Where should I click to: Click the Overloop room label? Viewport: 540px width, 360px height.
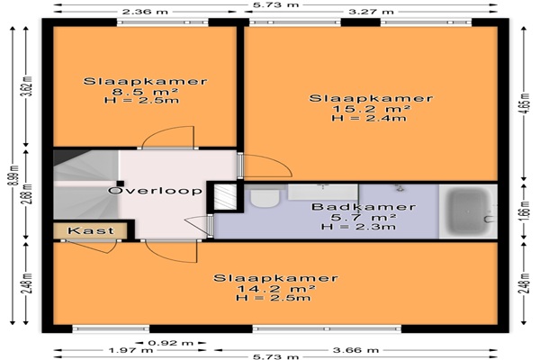pos(155,191)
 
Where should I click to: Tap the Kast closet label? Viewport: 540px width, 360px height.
pos(91,230)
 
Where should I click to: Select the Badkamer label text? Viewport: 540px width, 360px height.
pos(364,207)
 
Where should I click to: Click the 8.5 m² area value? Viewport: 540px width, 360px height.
pos(145,91)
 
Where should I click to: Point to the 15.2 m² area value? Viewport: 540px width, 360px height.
pos(371,109)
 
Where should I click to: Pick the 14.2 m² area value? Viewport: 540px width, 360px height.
pos(276,288)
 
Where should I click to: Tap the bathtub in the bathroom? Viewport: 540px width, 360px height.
pos(468,211)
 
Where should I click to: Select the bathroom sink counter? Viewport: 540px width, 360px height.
pos(323,192)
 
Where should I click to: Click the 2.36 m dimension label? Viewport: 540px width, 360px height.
pos(145,12)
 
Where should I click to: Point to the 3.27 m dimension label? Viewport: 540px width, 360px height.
pos(371,12)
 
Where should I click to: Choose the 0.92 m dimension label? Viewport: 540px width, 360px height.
pos(171,343)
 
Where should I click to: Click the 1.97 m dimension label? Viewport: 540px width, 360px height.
pos(130,350)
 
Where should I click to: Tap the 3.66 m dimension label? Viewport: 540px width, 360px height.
pos(355,350)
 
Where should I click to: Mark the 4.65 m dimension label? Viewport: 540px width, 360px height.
pos(524,103)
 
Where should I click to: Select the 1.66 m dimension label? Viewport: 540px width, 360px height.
pos(524,211)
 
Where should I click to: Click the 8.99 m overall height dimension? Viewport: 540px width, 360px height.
pos(13,180)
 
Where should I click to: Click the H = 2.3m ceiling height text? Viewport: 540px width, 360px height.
pos(358,227)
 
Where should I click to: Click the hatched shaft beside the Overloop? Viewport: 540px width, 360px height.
pos(225,197)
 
